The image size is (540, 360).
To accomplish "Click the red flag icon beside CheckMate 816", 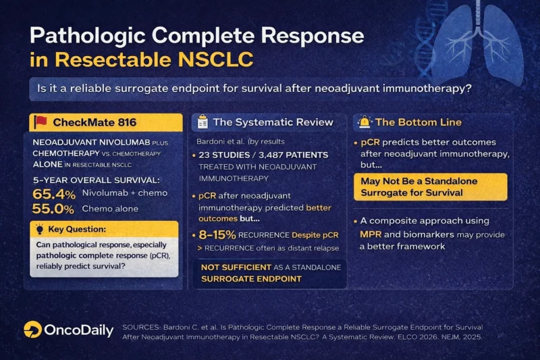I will click(x=41, y=122).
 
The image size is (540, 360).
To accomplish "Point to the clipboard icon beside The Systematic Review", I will click(x=202, y=122).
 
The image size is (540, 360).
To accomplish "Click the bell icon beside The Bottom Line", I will click(x=364, y=122).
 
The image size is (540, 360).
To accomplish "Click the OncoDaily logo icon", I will click(x=32, y=329).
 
